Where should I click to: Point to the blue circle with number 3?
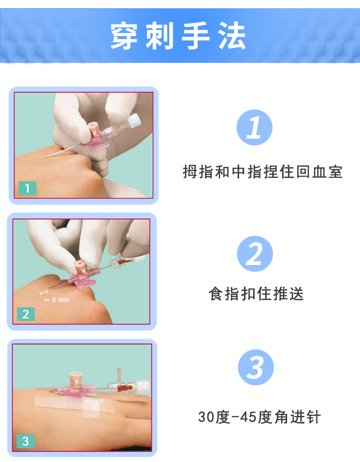pos(256,368)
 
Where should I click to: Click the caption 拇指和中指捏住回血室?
pos(262,172)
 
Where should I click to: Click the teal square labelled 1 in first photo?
pos(27,188)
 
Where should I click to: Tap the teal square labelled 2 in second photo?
pos(26,314)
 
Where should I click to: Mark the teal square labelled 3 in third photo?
pos(26,441)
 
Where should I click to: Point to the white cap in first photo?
pos(134,121)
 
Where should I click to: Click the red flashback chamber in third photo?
pos(124,387)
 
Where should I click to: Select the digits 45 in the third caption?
pos(247,417)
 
